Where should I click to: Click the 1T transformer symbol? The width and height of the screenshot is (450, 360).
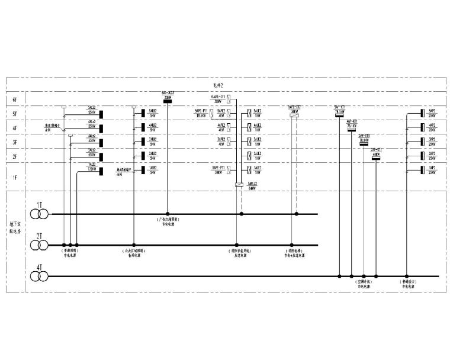point(40,213)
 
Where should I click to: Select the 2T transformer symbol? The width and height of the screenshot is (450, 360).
point(40,245)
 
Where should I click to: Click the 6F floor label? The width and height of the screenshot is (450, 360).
point(15,99)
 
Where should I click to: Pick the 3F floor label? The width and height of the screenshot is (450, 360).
point(15,143)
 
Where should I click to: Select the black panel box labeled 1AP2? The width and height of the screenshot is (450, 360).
point(421,171)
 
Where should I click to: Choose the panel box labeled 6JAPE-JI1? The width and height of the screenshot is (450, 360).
point(236,100)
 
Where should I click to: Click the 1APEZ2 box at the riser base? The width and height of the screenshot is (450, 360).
point(238,185)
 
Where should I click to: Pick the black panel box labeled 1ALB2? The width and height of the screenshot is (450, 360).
point(143,171)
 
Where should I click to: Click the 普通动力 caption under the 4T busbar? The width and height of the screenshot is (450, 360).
point(409,282)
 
